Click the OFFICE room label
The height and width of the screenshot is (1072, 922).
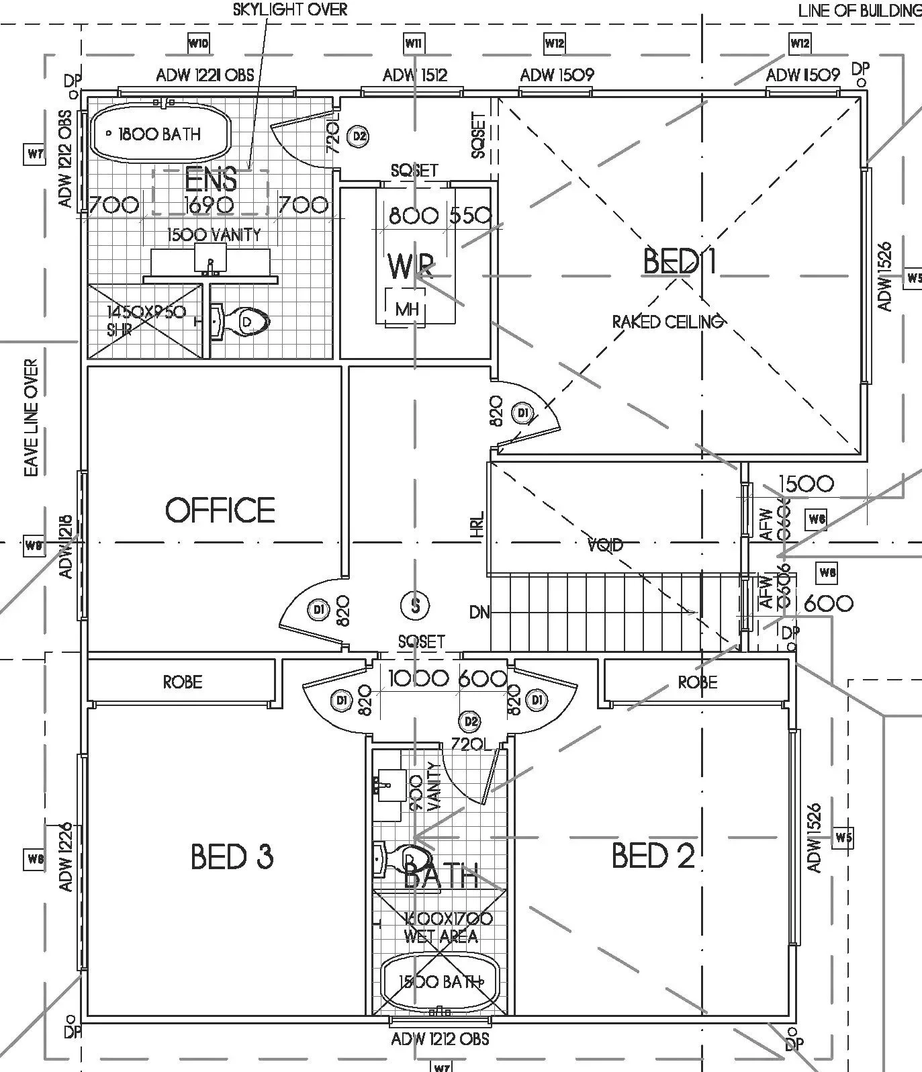pyautogui.click(x=220, y=510)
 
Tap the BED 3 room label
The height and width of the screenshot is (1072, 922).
pyautogui.click(x=232, y=857)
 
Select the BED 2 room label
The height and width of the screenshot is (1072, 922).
pyautogui.click(x=653, y=856)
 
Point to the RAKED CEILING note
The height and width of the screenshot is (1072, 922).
pyautogui.click(x=667, y=322)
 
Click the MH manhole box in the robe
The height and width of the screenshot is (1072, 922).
pyautogui.click(x=407, y=308)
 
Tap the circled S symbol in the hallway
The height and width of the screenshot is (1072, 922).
pyautogui.click(x=416, y=606)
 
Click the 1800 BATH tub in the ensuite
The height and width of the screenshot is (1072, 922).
pyautogui.click(x=160, y=134)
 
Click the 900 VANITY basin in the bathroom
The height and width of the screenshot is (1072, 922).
pyautogui.click(x=387, y=784)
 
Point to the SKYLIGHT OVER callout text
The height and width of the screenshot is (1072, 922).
pyautogui.click(x=290, y=10)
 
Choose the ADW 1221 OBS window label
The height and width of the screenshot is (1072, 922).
pyautogui.click(x=205, y=75)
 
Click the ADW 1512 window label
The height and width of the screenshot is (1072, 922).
pyautogui.click(x=414, y=75)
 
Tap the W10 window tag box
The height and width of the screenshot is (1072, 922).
pyautogui.click(x=198, y=44)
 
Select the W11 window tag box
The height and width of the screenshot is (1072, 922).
pyautogui.click(x=413, y=44)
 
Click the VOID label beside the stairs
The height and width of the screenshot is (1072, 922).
pyautogui.click(x=605, y=545)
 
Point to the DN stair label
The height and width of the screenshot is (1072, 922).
pyautogui.click(x=479, y=612)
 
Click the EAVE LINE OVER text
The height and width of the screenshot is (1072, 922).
pyautogui.click(x=32, y=418)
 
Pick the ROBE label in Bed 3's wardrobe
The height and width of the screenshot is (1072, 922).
pyautogui.click(x=182, y=682)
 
